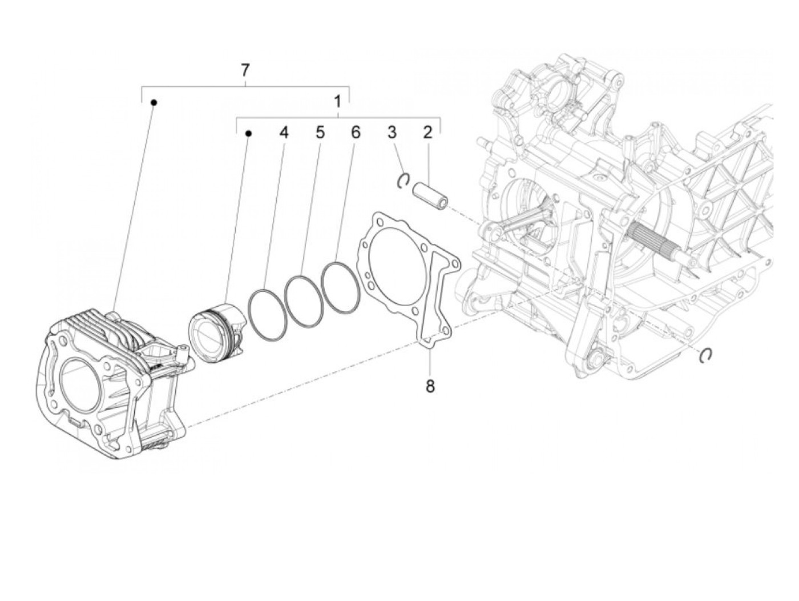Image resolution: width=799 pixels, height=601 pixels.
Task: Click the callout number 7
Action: (245, 70)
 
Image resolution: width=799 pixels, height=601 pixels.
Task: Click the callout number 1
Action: (338, 102)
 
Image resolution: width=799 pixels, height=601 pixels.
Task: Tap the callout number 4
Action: (284, 133)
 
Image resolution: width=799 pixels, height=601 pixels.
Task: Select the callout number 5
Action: (320, 133)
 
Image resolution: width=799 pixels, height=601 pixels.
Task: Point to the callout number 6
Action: (356, 133)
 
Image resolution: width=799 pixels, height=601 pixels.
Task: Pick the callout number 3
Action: (392, 133)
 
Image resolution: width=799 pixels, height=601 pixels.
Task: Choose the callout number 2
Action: (427, 133)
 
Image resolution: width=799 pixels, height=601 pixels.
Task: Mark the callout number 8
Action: (430, 386)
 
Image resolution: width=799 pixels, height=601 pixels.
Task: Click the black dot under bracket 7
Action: (154, 102)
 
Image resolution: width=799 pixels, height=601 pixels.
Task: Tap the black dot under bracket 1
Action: (248, 134)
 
